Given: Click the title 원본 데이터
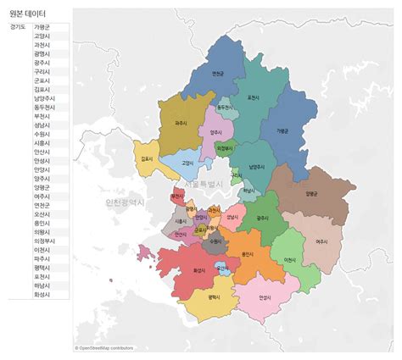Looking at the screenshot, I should coord(29,14).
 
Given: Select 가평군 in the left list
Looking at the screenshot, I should coord(42,27).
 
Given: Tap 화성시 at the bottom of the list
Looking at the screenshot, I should coord(42,294).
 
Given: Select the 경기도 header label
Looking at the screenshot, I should coord(17,27).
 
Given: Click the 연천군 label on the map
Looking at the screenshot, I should coord(218,74).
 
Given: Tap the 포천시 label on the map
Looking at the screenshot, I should coord(253,97).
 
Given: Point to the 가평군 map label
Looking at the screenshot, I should coord(282,130).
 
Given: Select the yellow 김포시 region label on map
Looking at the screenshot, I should coord(148,158).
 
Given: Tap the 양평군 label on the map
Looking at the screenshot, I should coord(310,193).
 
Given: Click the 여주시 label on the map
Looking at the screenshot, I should coord(321,241).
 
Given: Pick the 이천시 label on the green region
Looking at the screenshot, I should coord(290,259).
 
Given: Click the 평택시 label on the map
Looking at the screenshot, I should coord(213,297).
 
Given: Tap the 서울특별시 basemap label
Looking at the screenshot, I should coord(204,184).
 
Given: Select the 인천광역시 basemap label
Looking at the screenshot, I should coord(125,202).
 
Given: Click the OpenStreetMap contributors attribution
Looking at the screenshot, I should coord(105,347).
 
